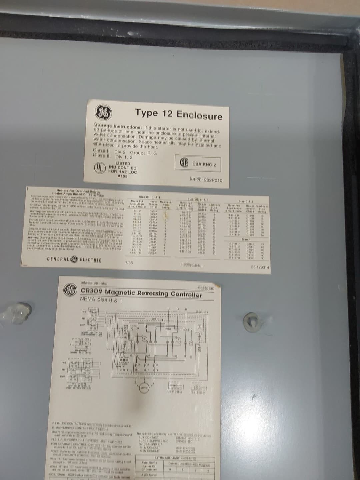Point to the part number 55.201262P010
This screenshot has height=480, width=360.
[206, 180]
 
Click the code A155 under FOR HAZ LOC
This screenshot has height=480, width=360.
[123, 176]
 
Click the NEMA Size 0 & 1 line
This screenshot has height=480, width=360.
[101, 300]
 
